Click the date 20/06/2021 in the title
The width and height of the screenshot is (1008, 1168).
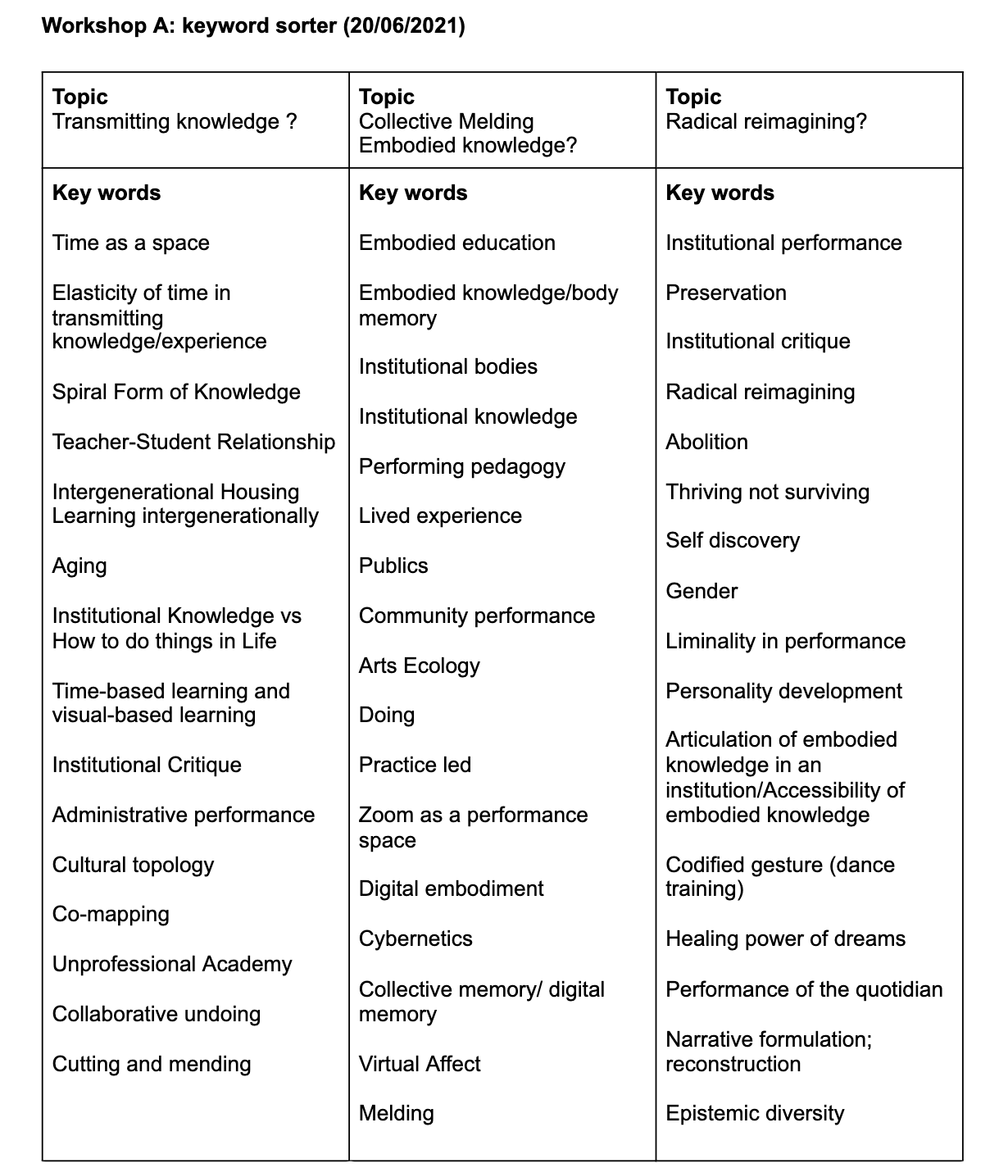[405, 26]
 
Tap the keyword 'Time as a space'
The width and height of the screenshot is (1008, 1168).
[131, 243]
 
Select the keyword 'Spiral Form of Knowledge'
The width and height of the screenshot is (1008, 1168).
[176, 392]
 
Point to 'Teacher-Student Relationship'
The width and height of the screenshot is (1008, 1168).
[193, 442]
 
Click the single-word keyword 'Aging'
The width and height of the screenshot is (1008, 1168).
[79, 566]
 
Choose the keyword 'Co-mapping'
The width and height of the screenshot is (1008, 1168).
[111, 914]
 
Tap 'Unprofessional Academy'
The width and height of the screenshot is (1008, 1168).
[172, 964]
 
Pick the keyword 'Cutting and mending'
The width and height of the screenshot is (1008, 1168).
[152, 1064]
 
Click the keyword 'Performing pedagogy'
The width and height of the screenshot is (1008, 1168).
[462, 466]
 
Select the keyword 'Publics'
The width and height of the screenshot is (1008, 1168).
[393, 566]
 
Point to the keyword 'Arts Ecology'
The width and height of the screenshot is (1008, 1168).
[420, 666]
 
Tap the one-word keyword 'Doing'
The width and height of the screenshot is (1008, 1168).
[387, 715]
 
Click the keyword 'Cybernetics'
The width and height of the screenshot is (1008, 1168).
[415, 938]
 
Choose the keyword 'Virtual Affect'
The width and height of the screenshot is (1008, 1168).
[420, 1064]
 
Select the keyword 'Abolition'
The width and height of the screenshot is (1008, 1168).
[706, 442]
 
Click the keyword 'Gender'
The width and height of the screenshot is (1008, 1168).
[702, 591]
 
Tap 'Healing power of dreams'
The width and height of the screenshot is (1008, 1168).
[785, 938]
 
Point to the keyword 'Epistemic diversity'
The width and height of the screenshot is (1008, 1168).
[755, 1113]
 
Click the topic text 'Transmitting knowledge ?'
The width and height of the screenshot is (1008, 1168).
[175, 121]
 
